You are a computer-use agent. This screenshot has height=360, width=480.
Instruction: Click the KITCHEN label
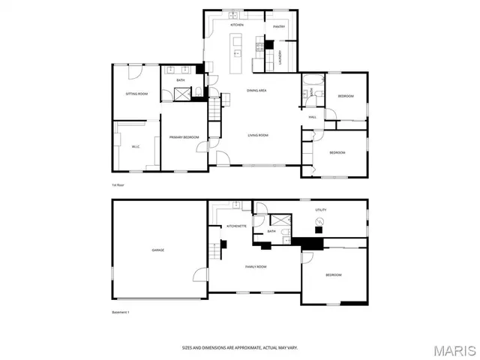pyautogui.click(x=237, y=25)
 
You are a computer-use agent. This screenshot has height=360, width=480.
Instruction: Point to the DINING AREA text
pyautogui.click(x=257, y=90)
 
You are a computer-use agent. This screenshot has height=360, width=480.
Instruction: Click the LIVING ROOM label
pyautogui.click(x=258, y=135)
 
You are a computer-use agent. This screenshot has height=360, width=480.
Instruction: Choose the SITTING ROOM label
pyautogui.click(x=136, y=94)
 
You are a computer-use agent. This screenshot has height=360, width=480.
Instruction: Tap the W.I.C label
pyautogui.click(x=136, y=146)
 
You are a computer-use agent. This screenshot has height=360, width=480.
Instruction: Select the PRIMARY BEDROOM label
pyautogui.click(x=183, y=137)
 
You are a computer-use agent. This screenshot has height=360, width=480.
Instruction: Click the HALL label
pyautogui.click(x=312, y=117)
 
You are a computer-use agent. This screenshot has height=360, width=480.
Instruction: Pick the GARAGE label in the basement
pyautogui.click(x=157, y=250)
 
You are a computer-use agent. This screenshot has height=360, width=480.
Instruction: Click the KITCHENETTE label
pyautogui.click(x=237, y=226)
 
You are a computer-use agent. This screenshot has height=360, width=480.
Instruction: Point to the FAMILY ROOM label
pyautogui.click(x=256, y=266)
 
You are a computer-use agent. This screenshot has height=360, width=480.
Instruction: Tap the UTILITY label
pyautogui.click(x=320, y=210)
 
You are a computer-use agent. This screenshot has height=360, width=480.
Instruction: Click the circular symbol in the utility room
pyautogui.click(x=319, y=222)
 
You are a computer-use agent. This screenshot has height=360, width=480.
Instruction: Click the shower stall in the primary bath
pyautogui.click(x=182, y=94)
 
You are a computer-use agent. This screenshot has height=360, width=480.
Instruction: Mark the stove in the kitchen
pyautogui.click(x=260, y=46)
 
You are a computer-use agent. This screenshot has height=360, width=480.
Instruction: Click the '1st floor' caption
pyautogui.click(x=117, y=184)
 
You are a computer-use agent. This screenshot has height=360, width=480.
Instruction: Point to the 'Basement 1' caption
pyautogui.click(x=121, y=312)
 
